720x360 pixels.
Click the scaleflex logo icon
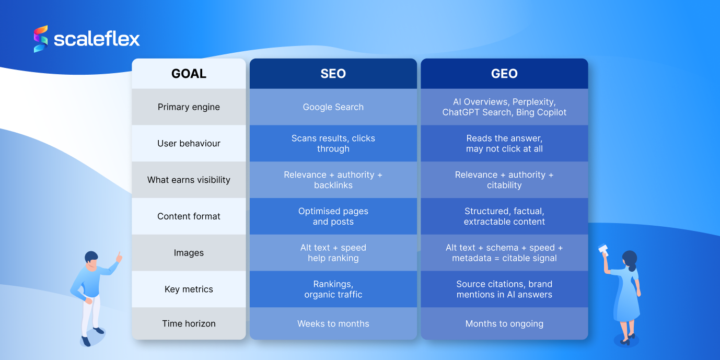(x=41, y=39)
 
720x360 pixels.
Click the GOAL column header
(x=189, y=74)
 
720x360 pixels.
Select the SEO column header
(x=333, y=74)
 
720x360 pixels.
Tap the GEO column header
(x=504, y=74)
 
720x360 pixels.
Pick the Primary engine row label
(x=189, y=107)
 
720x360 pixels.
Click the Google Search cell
(x=333, y=107)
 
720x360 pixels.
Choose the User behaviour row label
(x=189, y=143)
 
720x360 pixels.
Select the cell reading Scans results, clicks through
(x=333, y=143)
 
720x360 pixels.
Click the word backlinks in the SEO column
(x=333, y=185)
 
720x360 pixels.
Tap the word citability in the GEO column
(x=504, y=185)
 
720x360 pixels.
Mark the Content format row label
(x=189, y=216)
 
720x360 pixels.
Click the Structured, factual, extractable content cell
(x=504, y=216)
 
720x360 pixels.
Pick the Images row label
(x=189, y=253)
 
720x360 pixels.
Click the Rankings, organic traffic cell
(x=333, y=289)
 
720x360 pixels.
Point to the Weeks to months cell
(x=333, y=324)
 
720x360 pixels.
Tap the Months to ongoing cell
(x=504, y=324)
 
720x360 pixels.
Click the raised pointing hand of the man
(x=119, y=257)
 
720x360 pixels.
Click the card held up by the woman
(x=603, y=249)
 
